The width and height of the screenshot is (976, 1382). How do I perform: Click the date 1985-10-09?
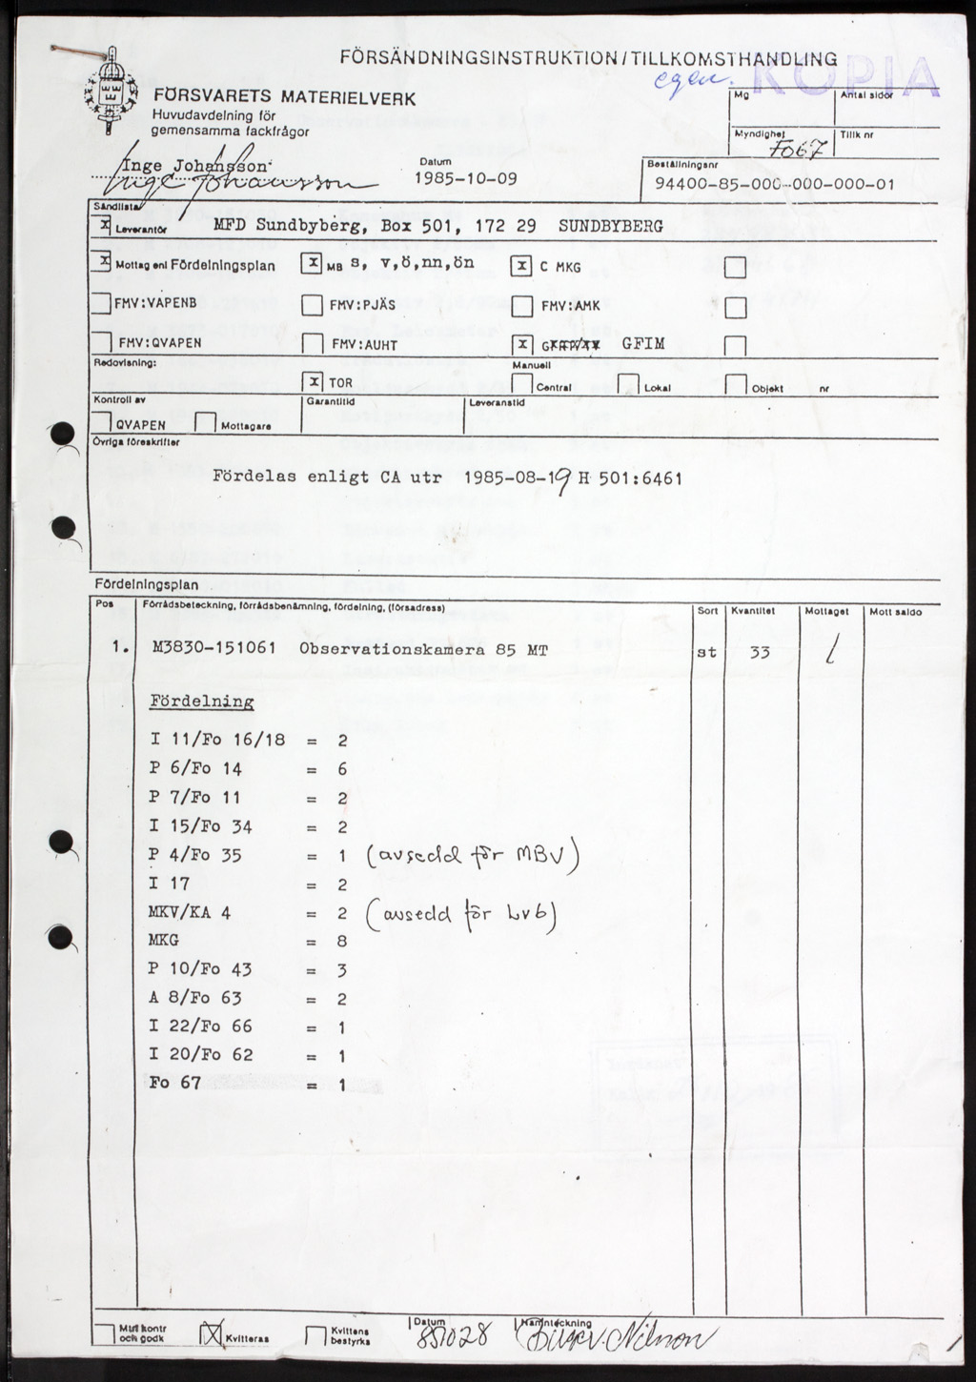466,178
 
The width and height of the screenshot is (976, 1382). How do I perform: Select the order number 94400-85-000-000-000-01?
775,184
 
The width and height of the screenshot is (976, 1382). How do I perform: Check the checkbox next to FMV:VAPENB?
100,304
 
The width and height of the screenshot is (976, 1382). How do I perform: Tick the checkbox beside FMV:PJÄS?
312,305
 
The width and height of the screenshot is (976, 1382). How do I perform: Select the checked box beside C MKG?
520,266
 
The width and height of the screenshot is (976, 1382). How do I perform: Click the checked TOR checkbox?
312,381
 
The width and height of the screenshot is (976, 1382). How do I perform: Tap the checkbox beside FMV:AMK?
521,306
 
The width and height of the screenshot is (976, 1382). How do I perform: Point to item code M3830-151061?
213,648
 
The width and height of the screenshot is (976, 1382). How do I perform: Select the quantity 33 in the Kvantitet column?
760,653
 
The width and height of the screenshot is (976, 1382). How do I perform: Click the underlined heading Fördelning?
202,702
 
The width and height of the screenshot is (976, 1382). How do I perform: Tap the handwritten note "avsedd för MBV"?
473,856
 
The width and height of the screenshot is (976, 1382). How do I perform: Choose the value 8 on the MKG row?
342,942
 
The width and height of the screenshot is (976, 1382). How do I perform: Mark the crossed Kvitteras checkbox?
211,1336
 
